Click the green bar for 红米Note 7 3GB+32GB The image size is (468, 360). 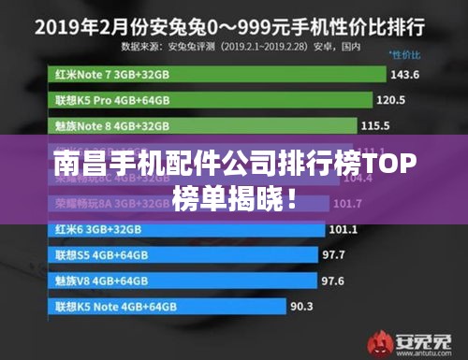(x=215, y=74)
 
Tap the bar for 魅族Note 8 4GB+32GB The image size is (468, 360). (x=201, y=125)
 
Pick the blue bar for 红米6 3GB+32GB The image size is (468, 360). (x=187, y=229)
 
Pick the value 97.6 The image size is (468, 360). (x=332, y=280)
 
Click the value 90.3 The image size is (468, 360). (x=301, y=306)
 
